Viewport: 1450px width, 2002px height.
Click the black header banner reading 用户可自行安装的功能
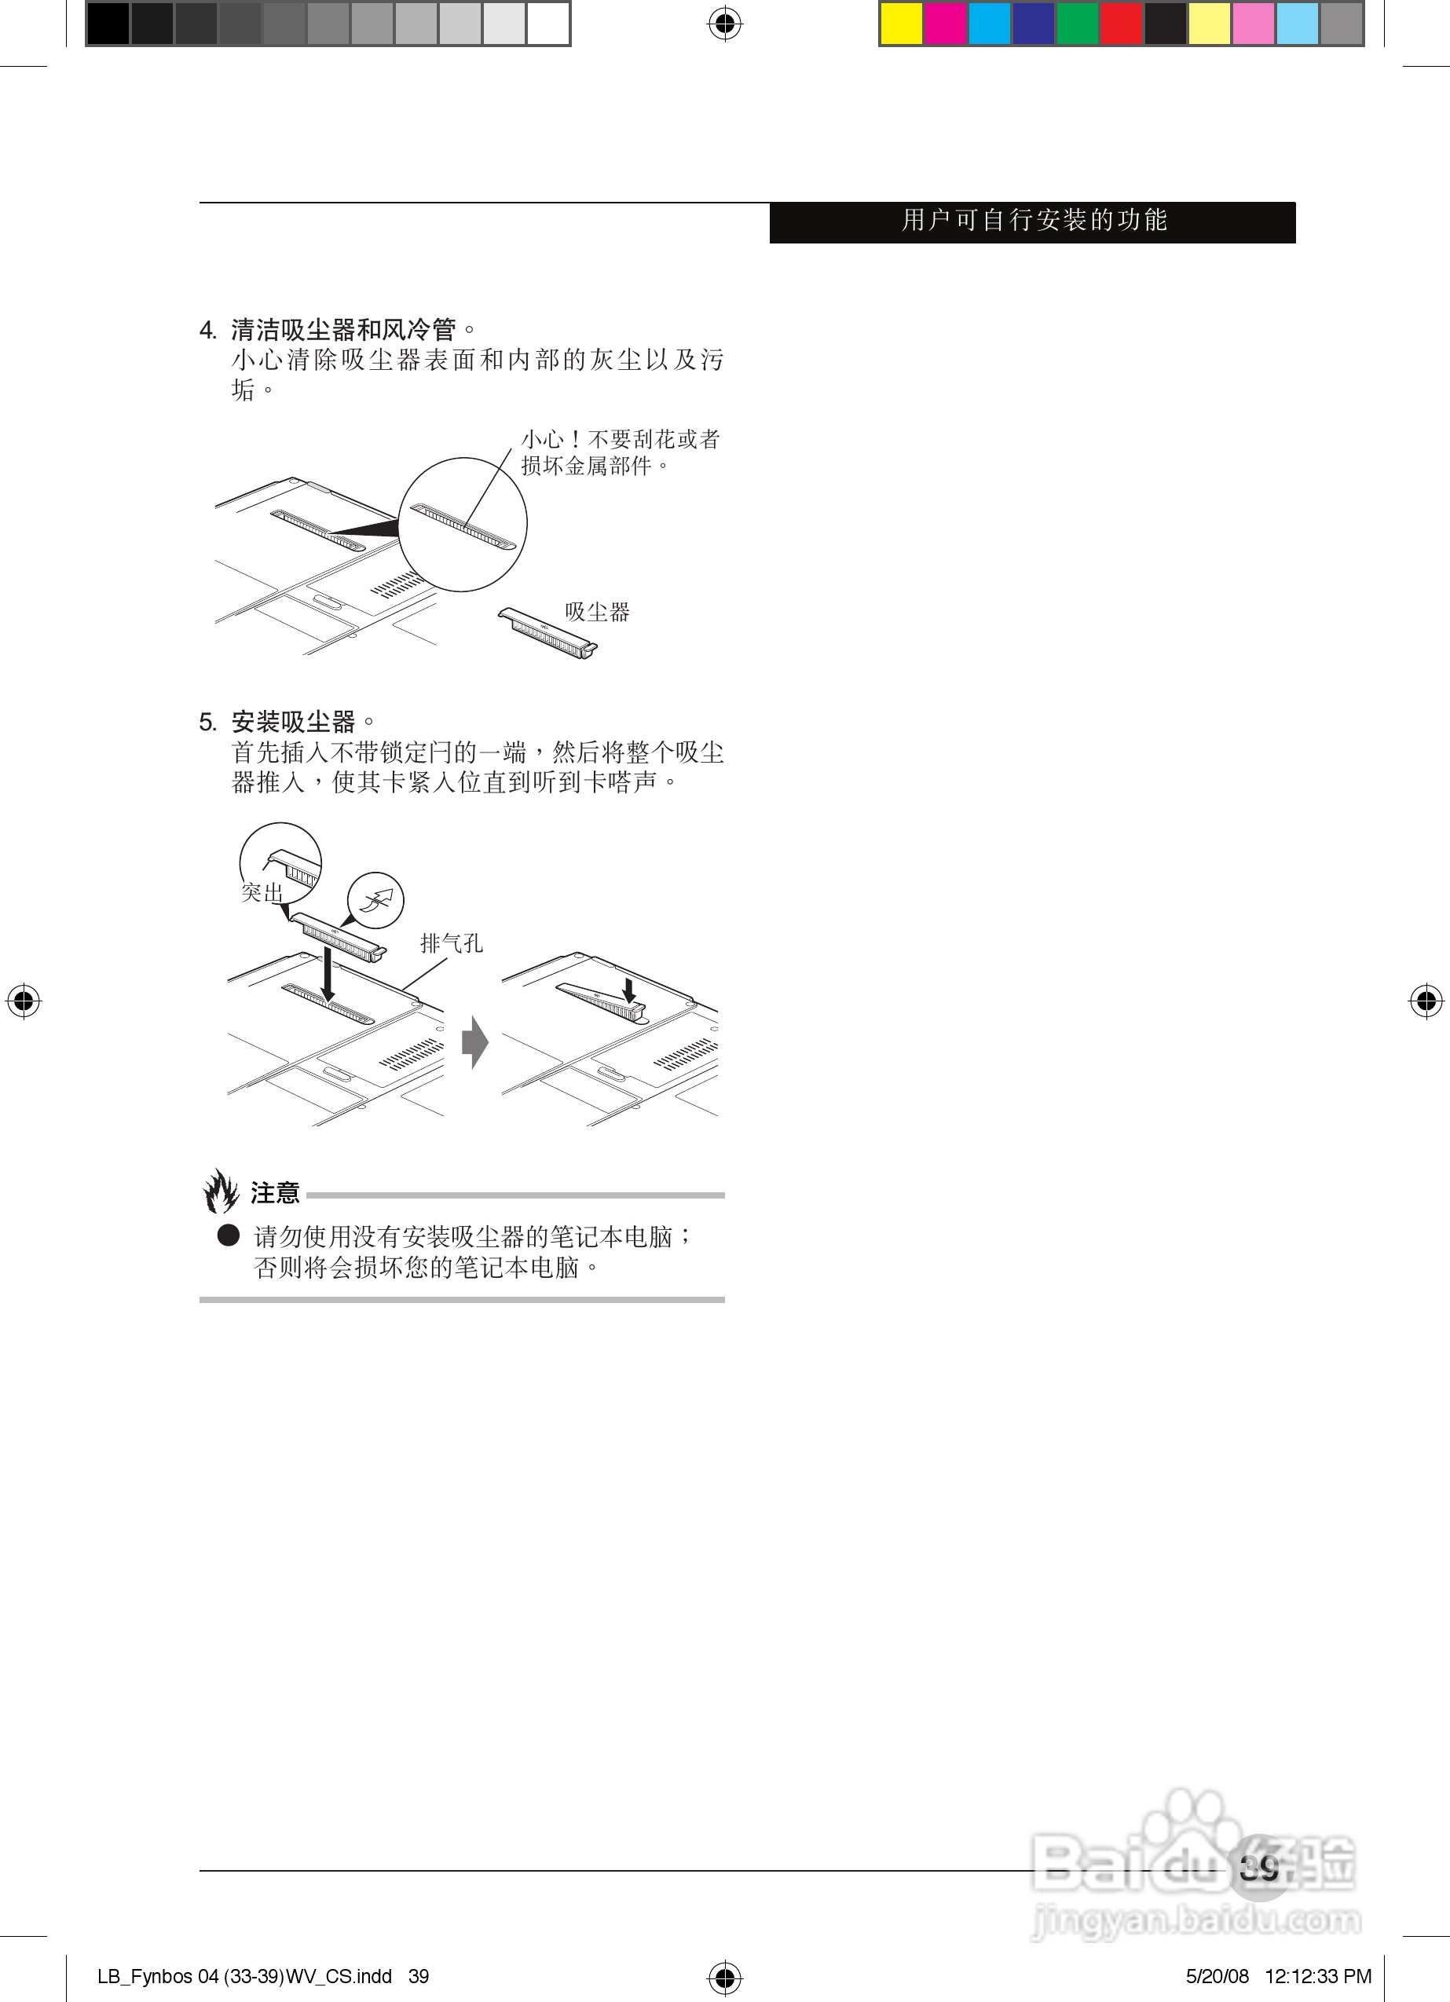pyautogui.click(x=1032, y=221)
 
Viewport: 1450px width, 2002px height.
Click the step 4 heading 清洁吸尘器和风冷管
pyautogui.click(x=343, y=330)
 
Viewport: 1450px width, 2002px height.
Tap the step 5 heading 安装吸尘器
pyautogui.click(x=293, y=722)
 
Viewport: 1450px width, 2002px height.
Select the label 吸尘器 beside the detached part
pyautogui.click(x=597, y=612)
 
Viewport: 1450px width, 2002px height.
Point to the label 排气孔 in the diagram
pyautogui.click(x=451, y=942)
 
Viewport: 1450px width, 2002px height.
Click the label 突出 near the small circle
pyautogui.click(x=262, y=892)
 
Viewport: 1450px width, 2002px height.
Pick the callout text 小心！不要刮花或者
pyautogui.click(x=620, y=439)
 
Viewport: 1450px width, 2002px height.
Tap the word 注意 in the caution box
pyautogui.click(x=275, y=1194)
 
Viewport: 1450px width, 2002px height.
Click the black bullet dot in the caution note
pyautogui.click(x=229, y=1235)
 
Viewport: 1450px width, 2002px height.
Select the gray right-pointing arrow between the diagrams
pyautogui.click(x=475, y=1042)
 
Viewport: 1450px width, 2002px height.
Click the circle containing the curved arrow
pyautogui.click(x=376, y=900)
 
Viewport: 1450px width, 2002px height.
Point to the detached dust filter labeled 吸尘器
pyautogui.click(x=547, y=633)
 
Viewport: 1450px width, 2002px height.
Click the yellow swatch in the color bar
pyautogui.click(x=902, y=24)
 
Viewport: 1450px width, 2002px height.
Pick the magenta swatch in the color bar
pyautogui.click(x=946, y=24)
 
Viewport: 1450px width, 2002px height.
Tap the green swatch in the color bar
pyautogui.click(x=1078, y=24)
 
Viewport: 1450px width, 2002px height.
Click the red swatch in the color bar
pyautogui.click(x=1122, y=24)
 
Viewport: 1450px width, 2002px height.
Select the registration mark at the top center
pyautogui.click(x=724, y=24)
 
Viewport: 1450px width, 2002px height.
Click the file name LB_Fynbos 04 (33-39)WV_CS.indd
pyautogui.click(x=244, y=1976)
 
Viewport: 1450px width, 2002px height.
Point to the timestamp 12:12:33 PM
pyautogui.click(x=1317, y=1976)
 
